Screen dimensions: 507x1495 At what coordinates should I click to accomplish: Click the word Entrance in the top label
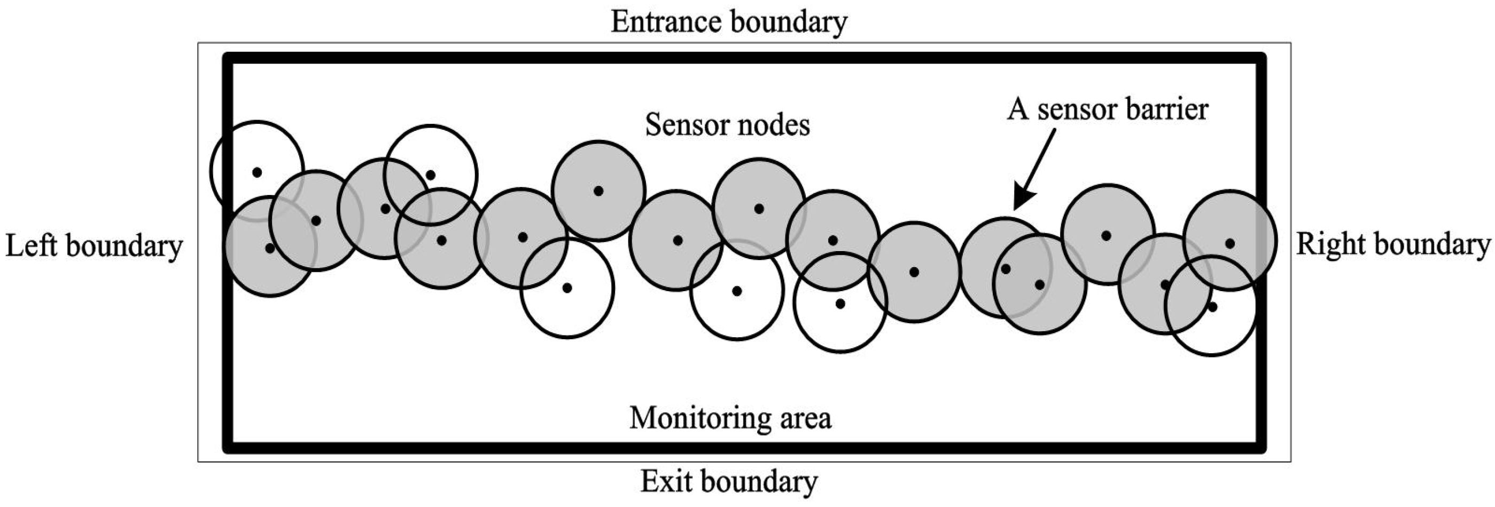point(666,23)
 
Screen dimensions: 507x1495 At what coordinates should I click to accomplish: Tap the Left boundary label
point(94,246)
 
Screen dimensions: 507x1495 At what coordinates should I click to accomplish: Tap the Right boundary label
point(1393,244)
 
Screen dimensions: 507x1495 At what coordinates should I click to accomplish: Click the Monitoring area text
point(730,418)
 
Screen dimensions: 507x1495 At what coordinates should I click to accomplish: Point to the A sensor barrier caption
point(1107,109)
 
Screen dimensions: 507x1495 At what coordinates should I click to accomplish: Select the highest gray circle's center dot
point(598,191)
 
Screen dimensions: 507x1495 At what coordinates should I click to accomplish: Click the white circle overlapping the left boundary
point(257,172)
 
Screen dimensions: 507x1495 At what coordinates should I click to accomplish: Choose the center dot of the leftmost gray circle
point(270,248)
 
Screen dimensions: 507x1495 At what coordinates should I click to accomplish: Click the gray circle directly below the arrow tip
point(1006,268)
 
